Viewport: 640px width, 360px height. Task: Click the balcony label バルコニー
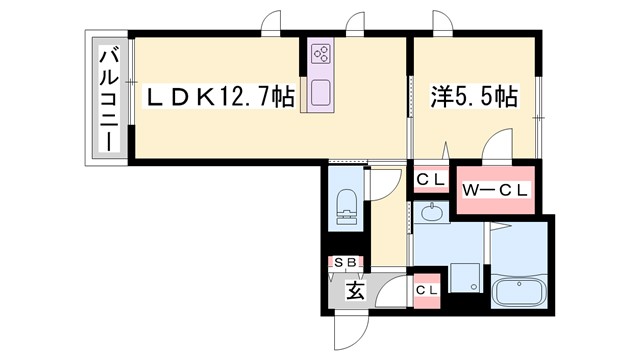tap(106, 98)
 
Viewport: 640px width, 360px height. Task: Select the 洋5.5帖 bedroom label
tap(473, 98)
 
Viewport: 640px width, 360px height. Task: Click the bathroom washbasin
tap(433, 212)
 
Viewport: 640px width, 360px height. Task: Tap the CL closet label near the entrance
tap(428, 290)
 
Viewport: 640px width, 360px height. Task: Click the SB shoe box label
tap(346, 263)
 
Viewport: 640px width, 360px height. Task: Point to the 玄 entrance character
tap(355, 292)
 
